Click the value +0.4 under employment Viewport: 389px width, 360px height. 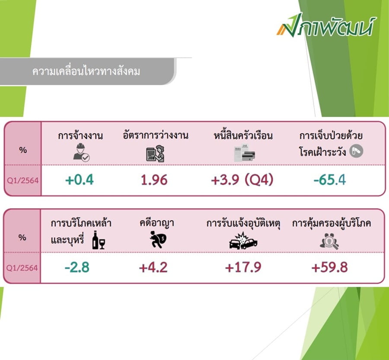80,180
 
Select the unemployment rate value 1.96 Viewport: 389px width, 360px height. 154,180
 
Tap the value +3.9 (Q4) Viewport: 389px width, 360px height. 242,180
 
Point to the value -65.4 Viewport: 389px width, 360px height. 330,180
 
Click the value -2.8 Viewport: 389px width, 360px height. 77,267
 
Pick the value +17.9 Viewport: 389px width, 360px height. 243,267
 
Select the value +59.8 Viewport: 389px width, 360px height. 329,267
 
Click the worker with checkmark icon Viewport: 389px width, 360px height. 81,153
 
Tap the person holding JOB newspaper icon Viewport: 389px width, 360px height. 155,154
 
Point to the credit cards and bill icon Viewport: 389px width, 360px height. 244,153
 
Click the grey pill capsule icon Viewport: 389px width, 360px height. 356,151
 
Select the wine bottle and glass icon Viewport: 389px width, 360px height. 99,240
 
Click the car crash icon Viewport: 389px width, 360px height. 243,241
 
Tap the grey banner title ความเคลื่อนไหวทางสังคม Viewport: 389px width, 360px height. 86,71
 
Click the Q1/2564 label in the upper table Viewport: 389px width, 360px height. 22,180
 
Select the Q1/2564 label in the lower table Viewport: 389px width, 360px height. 22,268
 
